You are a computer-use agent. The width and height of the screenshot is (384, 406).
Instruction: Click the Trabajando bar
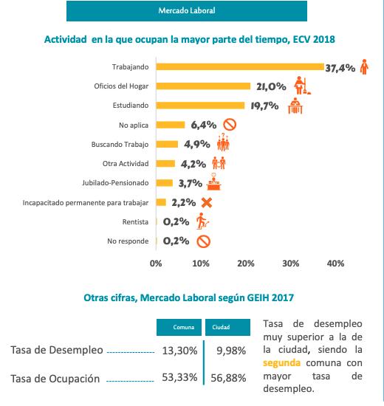(x=240, y=66)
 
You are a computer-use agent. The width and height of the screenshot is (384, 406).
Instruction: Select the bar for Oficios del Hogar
(x=203, y=86)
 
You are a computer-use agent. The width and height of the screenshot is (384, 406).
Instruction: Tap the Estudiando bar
(x=200, y=106)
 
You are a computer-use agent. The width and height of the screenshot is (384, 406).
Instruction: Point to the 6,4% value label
(x=204, y=125)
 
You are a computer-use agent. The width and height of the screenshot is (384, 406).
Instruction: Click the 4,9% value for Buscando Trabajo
(x=197, y=144)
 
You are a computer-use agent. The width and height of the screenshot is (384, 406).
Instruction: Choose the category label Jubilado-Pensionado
(x=115, y=183)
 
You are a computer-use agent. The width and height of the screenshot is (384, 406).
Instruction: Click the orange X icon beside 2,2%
(x=207, y=203)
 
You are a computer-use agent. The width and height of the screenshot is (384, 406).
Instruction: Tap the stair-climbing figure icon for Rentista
(x=202, y=221)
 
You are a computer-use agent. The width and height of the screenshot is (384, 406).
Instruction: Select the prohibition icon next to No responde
(x=203, y=241)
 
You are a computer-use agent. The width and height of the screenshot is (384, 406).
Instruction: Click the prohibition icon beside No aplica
(x=230, y=125)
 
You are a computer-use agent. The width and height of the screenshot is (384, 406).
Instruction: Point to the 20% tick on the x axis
(x=246, y=264)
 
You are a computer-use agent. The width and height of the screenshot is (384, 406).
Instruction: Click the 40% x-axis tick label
(x=335, y=264)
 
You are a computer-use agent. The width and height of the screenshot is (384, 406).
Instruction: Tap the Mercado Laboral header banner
(x=187, y=11)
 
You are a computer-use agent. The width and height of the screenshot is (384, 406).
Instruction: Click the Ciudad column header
(x=227, y=327)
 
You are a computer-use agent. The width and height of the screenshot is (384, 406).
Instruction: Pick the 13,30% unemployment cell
(x=180, y=351)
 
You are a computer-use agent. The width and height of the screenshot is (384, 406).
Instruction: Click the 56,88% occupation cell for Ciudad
(x=228, y=378)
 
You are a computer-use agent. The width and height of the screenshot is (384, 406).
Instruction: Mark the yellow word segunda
(x=281, y=363)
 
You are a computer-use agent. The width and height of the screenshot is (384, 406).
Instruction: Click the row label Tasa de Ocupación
(x=55, y=379)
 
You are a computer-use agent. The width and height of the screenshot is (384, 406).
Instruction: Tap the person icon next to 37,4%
(x=364, y=66)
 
